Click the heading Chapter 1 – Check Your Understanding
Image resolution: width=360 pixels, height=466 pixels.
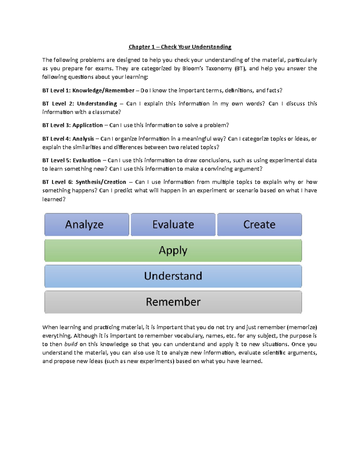click(x=180, y=47)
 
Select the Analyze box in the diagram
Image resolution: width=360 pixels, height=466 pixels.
click(x=87, y=224)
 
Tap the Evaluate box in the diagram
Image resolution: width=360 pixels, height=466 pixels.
click(x=173, y=224)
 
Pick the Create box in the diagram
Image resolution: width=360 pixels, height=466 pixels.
click(x=259, y=224)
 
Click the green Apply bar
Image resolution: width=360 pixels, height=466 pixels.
click(x=173, y=250)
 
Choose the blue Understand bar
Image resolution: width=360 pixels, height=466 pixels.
click(x=173, y=276)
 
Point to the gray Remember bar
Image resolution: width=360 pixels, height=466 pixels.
click(x=173, y=302)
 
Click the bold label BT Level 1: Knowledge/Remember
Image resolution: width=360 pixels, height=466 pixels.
click(x=88, y=90)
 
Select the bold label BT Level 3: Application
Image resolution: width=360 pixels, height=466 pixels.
click(x=72, y=125)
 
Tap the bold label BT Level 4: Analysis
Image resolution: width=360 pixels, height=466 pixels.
click(x=68, y=139)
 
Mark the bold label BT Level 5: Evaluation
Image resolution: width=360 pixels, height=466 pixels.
click(x=71, y=160)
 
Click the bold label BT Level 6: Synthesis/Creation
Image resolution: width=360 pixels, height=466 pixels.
click(x=84, y=182)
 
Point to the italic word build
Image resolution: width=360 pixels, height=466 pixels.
click(x=71, y=344)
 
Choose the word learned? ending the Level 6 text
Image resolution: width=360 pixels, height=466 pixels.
click(x=54, y=199)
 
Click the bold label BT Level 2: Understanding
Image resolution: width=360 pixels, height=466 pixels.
click(x=79, y=104)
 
